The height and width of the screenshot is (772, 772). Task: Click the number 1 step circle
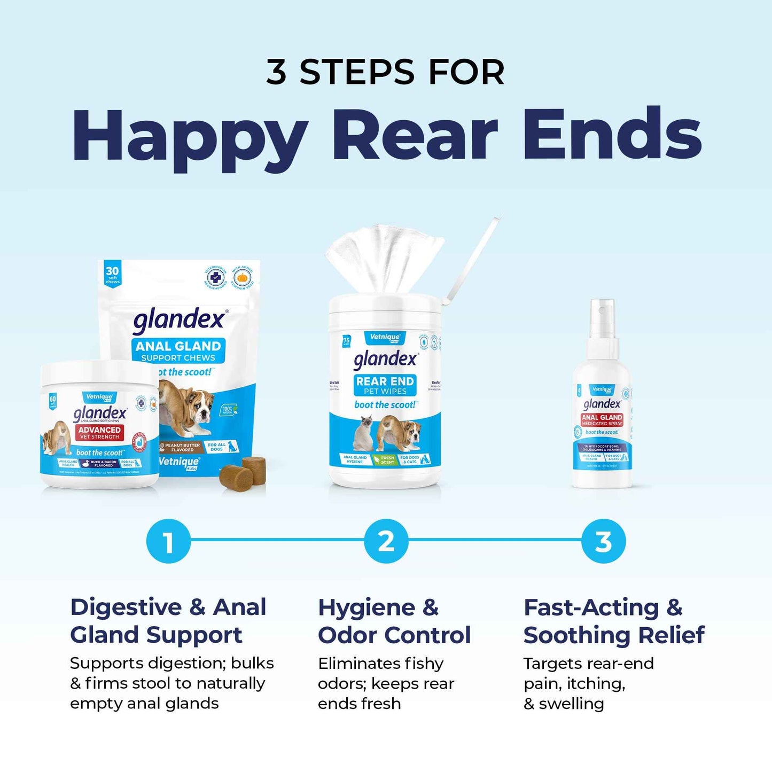(x=168, y=541)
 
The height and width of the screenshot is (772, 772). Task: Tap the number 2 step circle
(x=386, y=541)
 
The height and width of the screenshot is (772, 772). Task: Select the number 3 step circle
(x=603, y=541)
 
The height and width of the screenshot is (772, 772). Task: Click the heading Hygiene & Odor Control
(x=394, y=621)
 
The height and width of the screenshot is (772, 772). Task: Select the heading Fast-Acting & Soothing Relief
(x=613, y=621)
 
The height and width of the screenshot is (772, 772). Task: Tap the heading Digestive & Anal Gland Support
(x=168, y=621)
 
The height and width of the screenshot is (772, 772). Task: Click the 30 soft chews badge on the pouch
(x=112, y=274)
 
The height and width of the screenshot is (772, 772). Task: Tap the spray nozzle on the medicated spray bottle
(x=602, y=315)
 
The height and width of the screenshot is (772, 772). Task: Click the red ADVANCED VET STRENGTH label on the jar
(x=99, y=433)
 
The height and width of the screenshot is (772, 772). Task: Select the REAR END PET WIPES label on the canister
(x=385, y=385)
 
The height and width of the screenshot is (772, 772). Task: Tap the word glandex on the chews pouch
(x=179, y=320)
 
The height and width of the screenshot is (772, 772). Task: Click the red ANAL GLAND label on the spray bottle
(x=602, y=420)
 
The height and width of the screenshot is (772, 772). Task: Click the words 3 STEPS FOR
(x=386, y=72)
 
